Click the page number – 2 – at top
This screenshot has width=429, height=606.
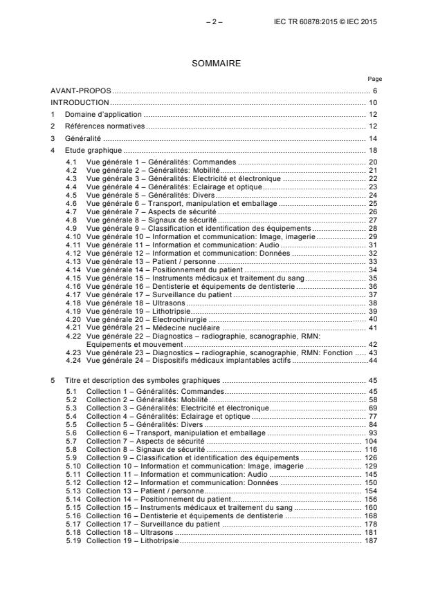[x=214, y=22]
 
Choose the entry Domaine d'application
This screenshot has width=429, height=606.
[x=103, y=114]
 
